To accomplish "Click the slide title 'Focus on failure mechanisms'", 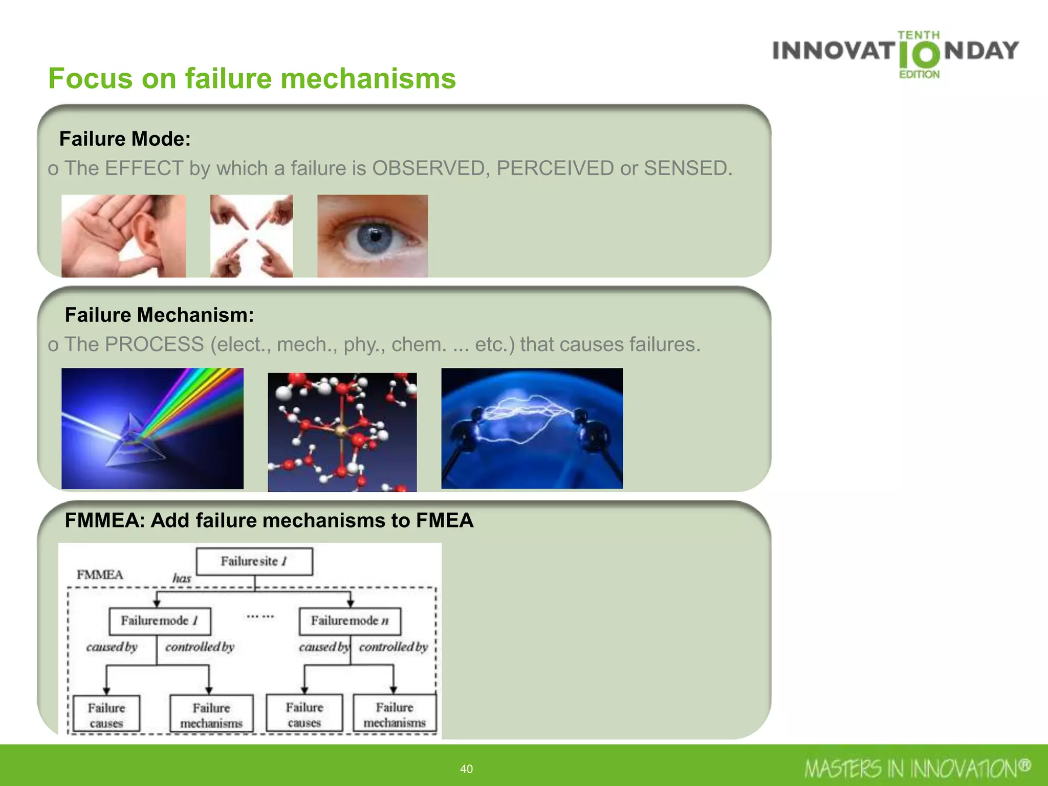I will (252, 78).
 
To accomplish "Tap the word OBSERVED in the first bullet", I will (428, 168).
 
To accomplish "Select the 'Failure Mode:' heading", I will (125, 139).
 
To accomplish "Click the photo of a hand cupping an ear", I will (123, 236).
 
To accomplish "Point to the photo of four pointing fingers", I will (251, 236).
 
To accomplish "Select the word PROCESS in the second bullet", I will (154, 344).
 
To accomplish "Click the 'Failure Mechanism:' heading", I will (159, 315).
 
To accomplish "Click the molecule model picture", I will (342, 432).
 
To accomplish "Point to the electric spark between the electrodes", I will (530, 417).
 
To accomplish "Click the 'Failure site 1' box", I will (254, 561).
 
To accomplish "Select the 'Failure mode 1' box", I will (160, 621).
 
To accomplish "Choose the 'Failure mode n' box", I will (350, 621).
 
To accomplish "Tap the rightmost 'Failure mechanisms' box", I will (395, 714).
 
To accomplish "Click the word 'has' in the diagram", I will (182, 578).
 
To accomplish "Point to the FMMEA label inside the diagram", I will (100, 575).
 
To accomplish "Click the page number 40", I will (466, 769).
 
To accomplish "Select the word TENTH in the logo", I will (919, 35).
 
